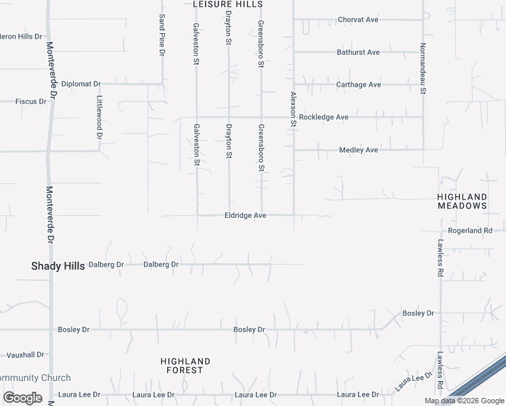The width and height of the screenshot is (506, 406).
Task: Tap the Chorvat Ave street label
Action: tap(358, 20)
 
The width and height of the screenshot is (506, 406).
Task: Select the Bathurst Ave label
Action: tap(358, 52)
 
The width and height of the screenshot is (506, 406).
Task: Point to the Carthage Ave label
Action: tap(359, 85)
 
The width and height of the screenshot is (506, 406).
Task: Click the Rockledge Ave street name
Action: tap(323, 117)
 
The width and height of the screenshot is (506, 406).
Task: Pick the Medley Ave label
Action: tap(358, 150)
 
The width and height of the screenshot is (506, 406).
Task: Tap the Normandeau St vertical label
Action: tap(422, 68)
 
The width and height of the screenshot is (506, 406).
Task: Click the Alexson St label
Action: tap(294, 110)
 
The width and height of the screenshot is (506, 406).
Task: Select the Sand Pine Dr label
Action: tap(162, 35)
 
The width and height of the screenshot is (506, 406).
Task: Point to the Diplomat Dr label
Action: tap(80, 84)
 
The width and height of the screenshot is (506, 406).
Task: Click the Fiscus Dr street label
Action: tap(30, 101)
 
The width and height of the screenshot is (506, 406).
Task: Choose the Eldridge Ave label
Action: tap(245, 215)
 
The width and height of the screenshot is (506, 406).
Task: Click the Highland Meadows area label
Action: tap(462, 201)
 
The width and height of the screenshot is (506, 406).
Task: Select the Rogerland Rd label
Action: tap(469, 231)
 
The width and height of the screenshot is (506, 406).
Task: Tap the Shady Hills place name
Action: tap(58, 266)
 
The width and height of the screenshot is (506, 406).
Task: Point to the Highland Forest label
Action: tap(185, 365)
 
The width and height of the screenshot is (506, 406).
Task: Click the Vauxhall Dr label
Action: tap(25, 354)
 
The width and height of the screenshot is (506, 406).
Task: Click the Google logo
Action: tap(22, 398)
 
